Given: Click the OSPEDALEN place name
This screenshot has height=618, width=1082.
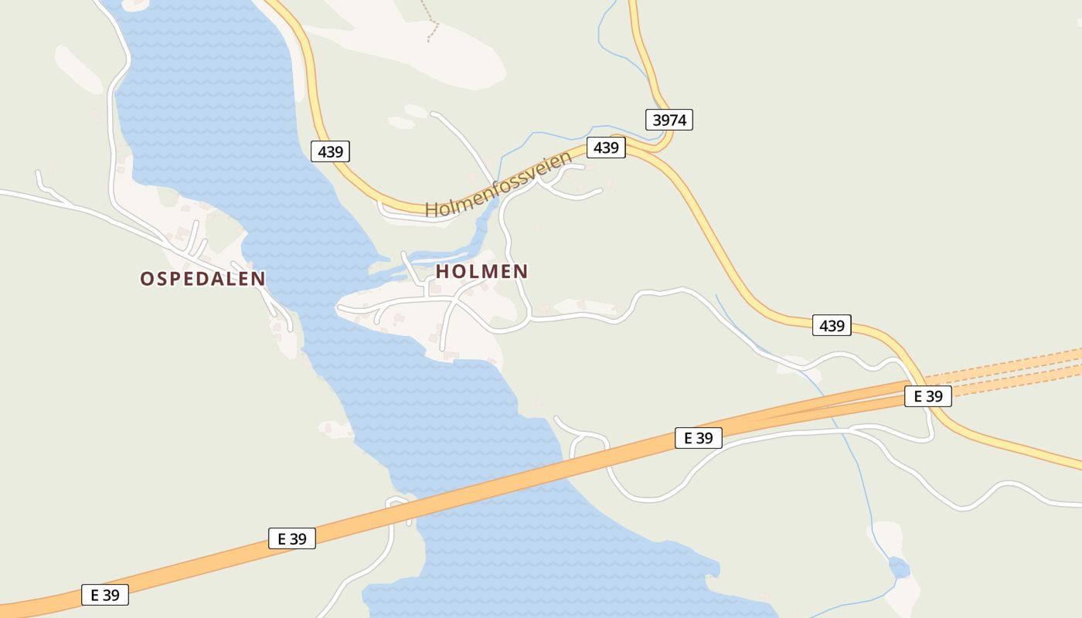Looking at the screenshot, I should point(202,279).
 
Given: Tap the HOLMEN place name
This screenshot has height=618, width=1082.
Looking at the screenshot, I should point(481,272).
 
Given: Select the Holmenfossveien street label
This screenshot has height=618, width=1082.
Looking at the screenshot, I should point(498,185).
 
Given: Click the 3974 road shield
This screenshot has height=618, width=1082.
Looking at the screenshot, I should point(669,120).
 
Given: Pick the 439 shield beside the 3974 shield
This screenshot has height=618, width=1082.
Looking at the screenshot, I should point(606,148).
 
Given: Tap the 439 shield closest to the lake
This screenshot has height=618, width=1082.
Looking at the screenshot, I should point(330,151).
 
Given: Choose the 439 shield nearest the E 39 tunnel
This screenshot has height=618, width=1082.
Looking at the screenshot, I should point(832,326).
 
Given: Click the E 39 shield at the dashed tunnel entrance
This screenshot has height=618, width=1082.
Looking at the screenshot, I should point(927,396).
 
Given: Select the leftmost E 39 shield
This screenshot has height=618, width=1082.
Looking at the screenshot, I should point(104,595).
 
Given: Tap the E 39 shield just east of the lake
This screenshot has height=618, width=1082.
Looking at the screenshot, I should point(698,438).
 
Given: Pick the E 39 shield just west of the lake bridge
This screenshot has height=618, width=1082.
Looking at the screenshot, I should point(292,538).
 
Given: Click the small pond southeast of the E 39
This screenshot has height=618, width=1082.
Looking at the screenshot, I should point(899,569).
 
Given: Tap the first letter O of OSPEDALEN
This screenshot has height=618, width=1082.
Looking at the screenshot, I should point(147,279).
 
